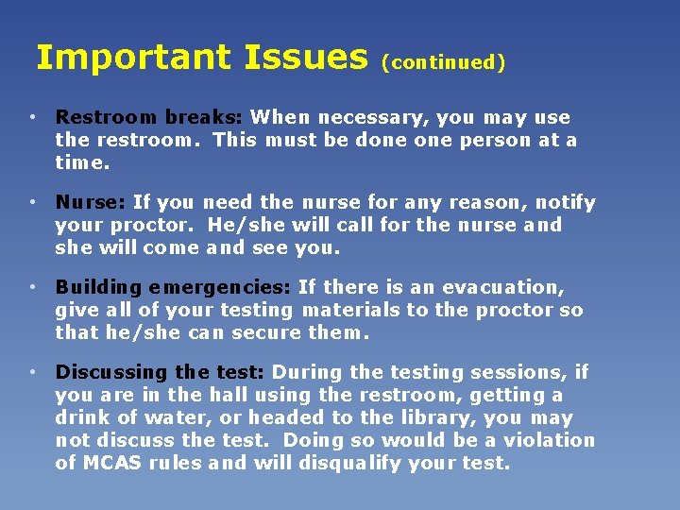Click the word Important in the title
(x=132, y=59)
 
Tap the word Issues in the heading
(x=305, y=59)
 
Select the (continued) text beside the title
(x=443, y=63)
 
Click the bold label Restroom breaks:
(x=149, y=118)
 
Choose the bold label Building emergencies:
(x=174, y=287)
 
